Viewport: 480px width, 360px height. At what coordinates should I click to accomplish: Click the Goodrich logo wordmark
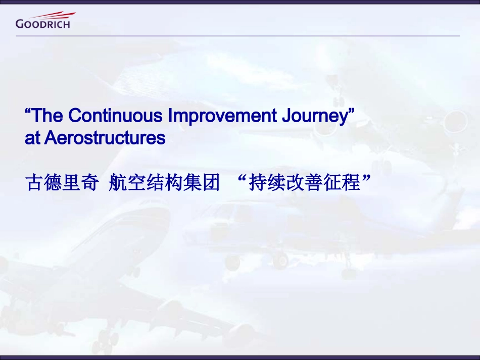42,24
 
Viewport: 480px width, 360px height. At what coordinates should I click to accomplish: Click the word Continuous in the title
115,115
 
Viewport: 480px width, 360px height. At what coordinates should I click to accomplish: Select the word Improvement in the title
222,116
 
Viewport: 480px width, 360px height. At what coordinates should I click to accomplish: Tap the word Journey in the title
314,116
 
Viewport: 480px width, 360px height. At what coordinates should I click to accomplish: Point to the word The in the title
47,115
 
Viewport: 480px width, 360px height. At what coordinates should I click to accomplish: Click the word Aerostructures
105,138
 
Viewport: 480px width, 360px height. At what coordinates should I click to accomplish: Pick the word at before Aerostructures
32,138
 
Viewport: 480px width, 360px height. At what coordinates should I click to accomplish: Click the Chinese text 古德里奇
62,183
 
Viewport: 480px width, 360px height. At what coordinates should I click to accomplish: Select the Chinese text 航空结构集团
164,183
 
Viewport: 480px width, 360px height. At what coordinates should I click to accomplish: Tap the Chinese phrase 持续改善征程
305,183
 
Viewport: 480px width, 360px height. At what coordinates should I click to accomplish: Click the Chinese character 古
34,183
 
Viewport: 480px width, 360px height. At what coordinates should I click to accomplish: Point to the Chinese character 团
211,183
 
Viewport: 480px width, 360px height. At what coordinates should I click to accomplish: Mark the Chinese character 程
352,183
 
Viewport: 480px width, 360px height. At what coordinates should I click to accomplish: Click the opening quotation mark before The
28,111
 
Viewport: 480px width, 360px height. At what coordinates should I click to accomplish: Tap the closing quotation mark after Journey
351,111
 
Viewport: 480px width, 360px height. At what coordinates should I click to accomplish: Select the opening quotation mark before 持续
242,178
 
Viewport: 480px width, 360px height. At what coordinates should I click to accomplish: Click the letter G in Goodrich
19,24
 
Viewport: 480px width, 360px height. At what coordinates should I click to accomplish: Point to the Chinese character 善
314,183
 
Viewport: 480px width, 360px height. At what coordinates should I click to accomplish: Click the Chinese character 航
118,183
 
